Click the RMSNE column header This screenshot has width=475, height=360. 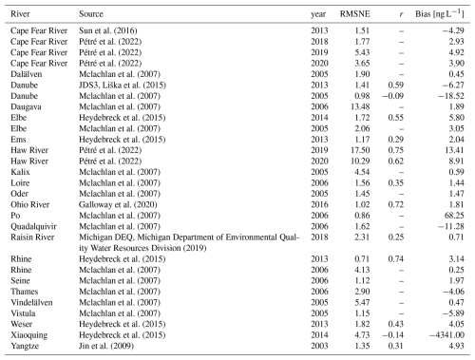tap(354, 14)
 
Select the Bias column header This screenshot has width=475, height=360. tap(440, 14)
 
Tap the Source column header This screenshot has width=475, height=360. tap(91, 14)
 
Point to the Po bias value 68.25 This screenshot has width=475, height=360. tap(454, 216)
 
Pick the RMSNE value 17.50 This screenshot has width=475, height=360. tap(360, 150)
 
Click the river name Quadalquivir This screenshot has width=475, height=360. tap(33, 226)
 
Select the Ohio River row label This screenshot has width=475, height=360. tap(30, 204)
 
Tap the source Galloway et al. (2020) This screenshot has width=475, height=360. tap(118, 205)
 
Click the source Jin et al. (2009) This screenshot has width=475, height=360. tap(106, 346)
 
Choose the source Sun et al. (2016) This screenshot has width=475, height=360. tap(108, 30)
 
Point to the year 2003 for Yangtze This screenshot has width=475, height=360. tap(319, 346)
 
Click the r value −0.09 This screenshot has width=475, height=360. tap(393, 96)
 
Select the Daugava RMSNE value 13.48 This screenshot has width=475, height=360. tap(360, 106)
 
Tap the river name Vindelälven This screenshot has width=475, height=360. tap(31, 302)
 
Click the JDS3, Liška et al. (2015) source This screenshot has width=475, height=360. tap(123, 85)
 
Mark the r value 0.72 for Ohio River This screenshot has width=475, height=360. tap(396, 204)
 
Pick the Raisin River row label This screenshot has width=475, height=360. tap(32, 237)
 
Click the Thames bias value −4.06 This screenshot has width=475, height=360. tap(454, 292)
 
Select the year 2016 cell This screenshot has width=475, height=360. tap(319, 204)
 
